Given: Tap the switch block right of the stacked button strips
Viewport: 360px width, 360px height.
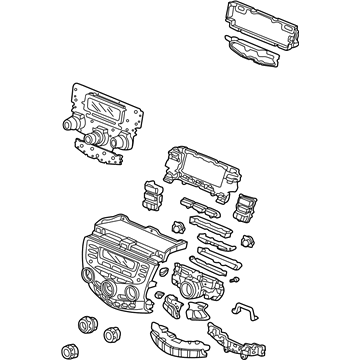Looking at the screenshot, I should click(246, 209).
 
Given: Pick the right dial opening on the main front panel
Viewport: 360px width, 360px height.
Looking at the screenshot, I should click(151, 289).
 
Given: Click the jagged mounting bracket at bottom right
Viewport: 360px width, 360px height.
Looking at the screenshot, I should click(226, 329).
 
